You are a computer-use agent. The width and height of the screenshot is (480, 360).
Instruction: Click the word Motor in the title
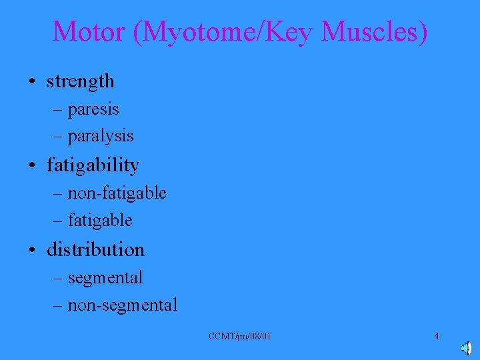(x=89, y=31)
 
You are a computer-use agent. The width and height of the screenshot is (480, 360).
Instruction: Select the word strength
(x=81, y=81)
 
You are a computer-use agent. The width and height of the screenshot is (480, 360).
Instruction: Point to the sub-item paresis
(x=93, y=108)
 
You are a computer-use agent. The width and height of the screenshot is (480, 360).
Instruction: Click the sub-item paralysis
(x=101, y=136)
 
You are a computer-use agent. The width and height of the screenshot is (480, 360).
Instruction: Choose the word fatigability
(x=93, y=165)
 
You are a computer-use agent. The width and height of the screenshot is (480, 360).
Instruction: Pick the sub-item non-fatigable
(x=117, y=193)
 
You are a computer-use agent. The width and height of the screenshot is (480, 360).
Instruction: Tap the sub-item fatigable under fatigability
(x=100, y=220)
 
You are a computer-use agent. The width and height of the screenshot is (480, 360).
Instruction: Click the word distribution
(x=95, y=249)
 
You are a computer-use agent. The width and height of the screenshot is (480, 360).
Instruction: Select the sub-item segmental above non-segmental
(x=105, y=277)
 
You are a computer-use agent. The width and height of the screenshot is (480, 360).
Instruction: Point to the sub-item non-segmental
(x=123, y=305)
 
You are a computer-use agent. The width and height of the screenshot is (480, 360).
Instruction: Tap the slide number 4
(x=437, y=336)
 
